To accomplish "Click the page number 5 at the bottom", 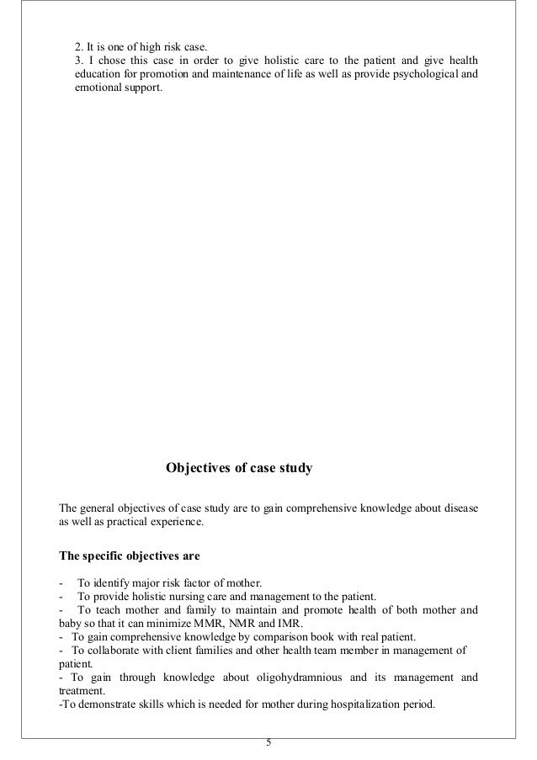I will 268,743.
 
